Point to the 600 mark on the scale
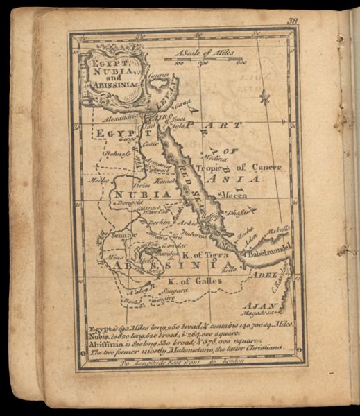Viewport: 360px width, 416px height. [x=241, y=64]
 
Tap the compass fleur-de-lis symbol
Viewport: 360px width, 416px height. [x=264, y=97]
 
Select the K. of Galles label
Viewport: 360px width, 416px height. [x=194, y=281]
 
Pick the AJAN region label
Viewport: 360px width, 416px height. [x=257, y=306]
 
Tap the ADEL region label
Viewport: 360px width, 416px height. [x=271, y=275]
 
